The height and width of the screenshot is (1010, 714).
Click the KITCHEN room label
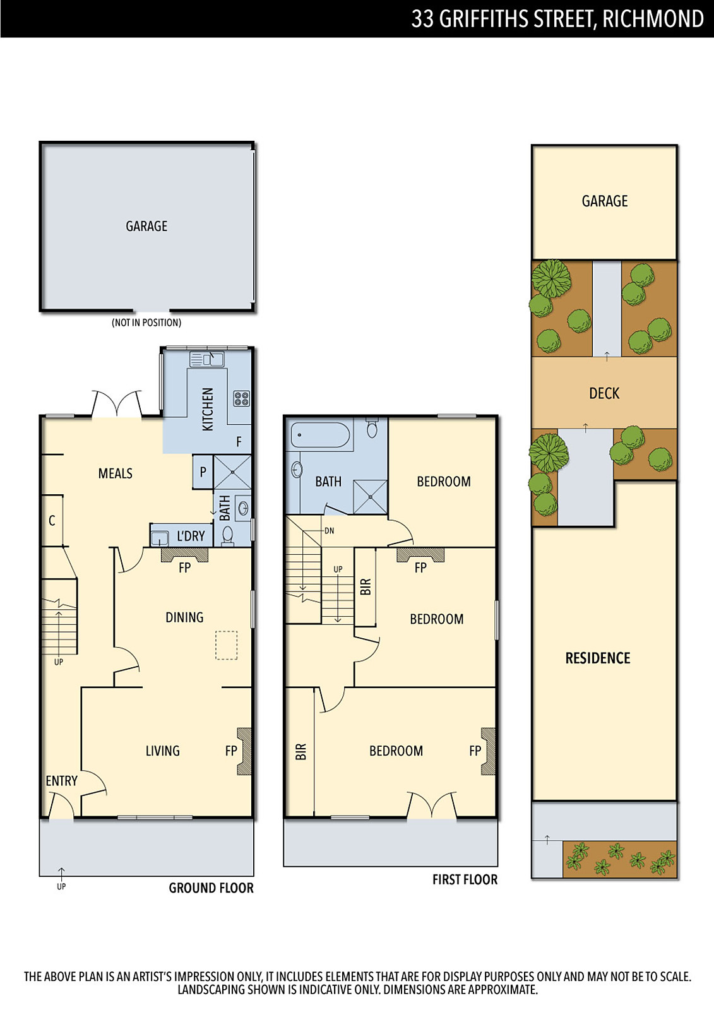click(x=208, y=409)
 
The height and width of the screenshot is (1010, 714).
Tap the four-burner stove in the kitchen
click(x=241, y=398)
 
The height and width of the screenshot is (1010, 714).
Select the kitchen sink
click(x=207, y=359)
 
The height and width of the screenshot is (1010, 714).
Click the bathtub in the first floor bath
click(x=320, y=434)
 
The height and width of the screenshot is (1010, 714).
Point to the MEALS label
click(x=116, y=473)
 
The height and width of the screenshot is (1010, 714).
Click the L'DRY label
click(x=191, y=536)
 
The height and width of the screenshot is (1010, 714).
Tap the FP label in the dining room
click(x=185, y=567)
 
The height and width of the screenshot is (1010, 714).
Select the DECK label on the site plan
click(x=604, y=394)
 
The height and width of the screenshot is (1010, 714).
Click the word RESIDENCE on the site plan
click(x=598, y=658)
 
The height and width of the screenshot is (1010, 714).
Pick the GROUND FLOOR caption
click(x=211, y=888)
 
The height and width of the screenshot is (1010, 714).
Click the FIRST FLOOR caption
click(x=465, y=879)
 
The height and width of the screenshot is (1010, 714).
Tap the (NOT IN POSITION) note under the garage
click(x=146, y=323)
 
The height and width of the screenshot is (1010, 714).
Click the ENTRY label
click(x=62, y=780)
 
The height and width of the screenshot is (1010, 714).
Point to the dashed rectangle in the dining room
click(x=227, y=645)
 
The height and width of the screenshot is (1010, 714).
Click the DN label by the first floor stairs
click(x=330, y=531)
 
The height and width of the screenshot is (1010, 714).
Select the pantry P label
click(x=203, y=472)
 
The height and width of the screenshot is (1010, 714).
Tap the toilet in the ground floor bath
click(x=228, y=537)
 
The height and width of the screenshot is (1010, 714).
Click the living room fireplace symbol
click(x=244, y=751)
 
